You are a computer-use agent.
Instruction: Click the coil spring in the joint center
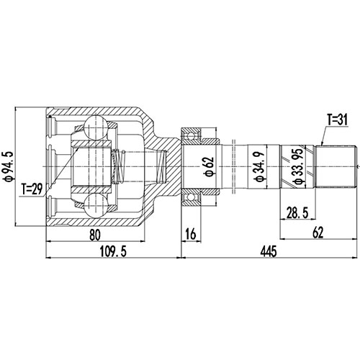pos(121,165)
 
